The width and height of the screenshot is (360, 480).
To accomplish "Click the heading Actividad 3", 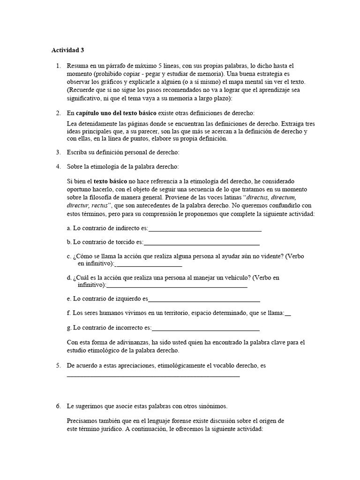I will tap(68, 49).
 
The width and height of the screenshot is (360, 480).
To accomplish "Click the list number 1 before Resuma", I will tap(58, 66).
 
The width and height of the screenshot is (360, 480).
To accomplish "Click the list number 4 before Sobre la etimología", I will tap(58, 166).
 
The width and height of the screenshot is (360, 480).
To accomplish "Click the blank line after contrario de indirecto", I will tap(205, 229).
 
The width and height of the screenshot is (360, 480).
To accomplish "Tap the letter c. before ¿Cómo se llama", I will tap(69, 256).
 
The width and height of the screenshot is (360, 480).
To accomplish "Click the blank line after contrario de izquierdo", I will tap(204, 299).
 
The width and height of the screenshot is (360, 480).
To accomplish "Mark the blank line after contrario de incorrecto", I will tap(206, 328).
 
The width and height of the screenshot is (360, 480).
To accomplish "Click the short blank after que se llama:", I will tap(288, 314).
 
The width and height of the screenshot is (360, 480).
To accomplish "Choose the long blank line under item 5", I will tap(153, 375).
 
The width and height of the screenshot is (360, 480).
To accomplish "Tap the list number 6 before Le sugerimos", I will tap(58, 406).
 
